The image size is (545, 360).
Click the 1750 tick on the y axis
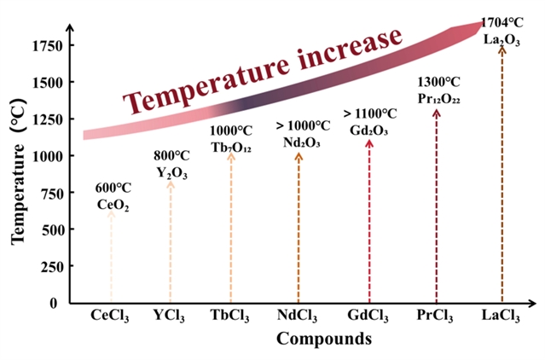point(46,45)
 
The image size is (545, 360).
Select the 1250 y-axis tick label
point(46,119)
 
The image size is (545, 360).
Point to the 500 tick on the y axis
point(50,229)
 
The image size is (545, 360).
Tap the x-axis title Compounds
point(323,339)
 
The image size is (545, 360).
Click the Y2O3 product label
point(171,173)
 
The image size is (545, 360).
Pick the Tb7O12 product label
point(231,146)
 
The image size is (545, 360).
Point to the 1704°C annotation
point(502,23)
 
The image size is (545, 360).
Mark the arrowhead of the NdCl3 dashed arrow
point(299,155)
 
